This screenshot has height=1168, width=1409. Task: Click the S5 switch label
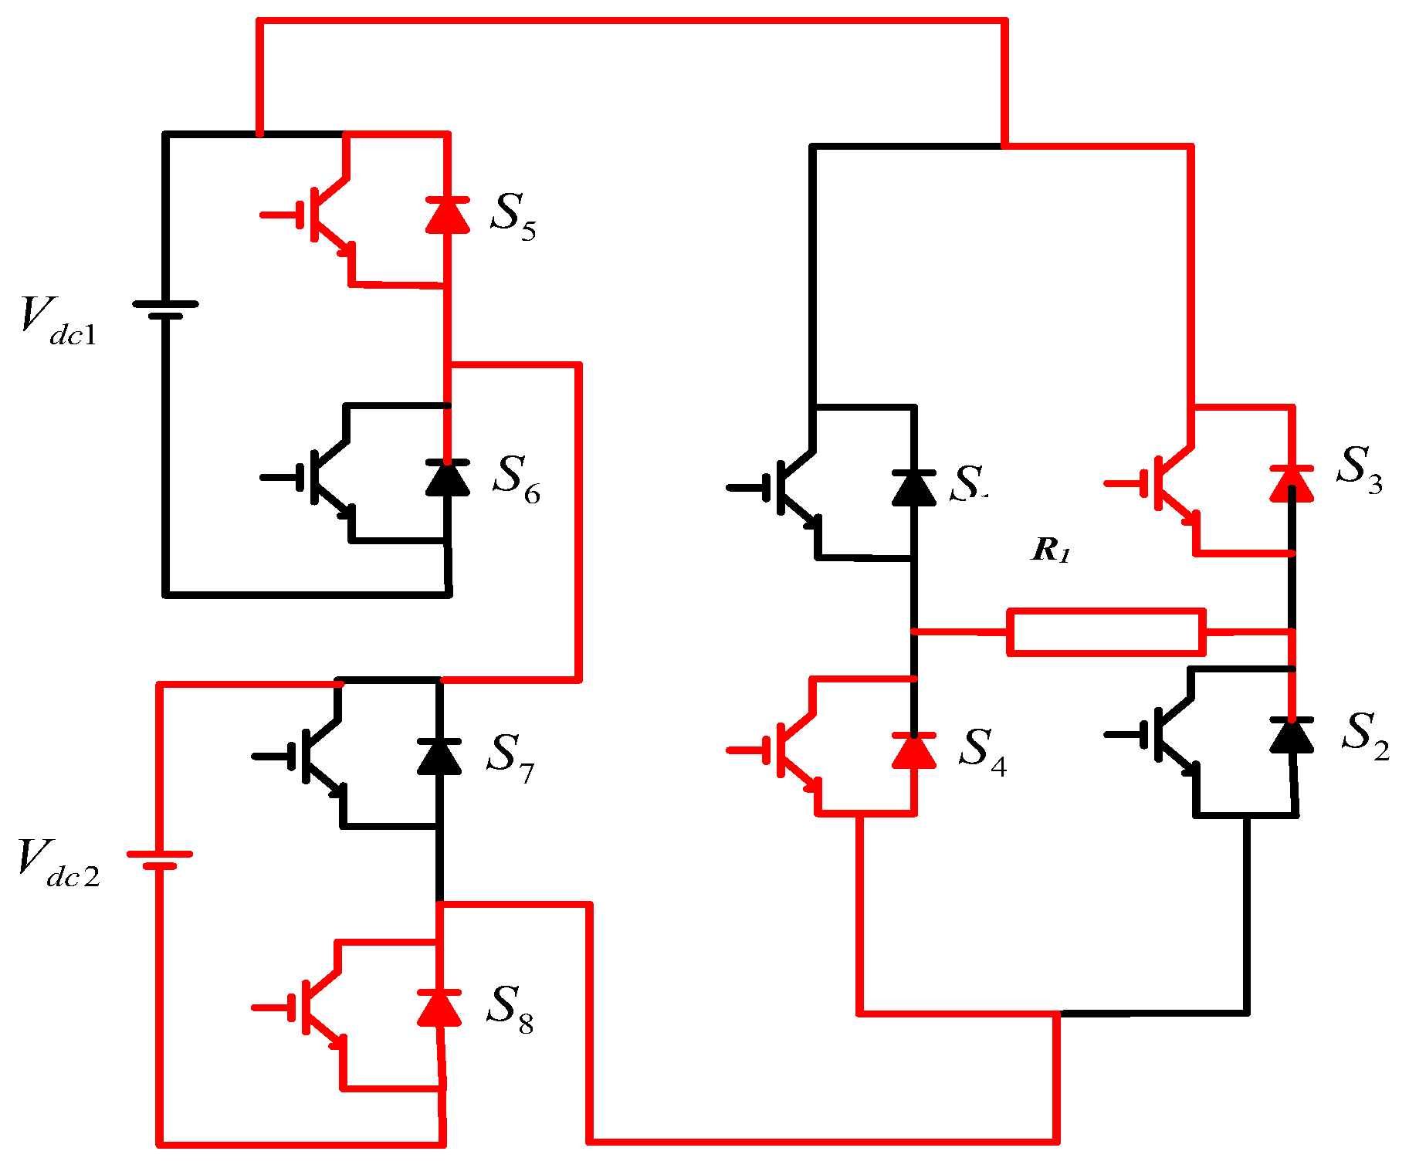[x=513, y=217]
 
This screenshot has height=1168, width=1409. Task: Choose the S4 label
[x=983, y=751]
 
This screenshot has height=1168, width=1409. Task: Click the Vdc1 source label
[x=59, y=321]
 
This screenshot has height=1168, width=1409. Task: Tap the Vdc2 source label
[x=59, y=864]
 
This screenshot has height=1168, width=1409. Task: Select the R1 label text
[x=1052, y=550]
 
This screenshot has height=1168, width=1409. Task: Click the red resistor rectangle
[x=1106, y=632]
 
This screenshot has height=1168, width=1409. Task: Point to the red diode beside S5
[x=448, y=215]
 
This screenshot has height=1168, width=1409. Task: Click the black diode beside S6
[x=448, y=477]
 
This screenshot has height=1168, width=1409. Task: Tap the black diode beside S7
[x=439, y=757]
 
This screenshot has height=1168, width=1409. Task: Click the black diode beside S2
[x=1292, y=734]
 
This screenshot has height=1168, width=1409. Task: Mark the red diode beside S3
[x=1292, y=483]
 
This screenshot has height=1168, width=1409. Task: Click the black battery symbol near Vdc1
[x=165, y=310]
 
